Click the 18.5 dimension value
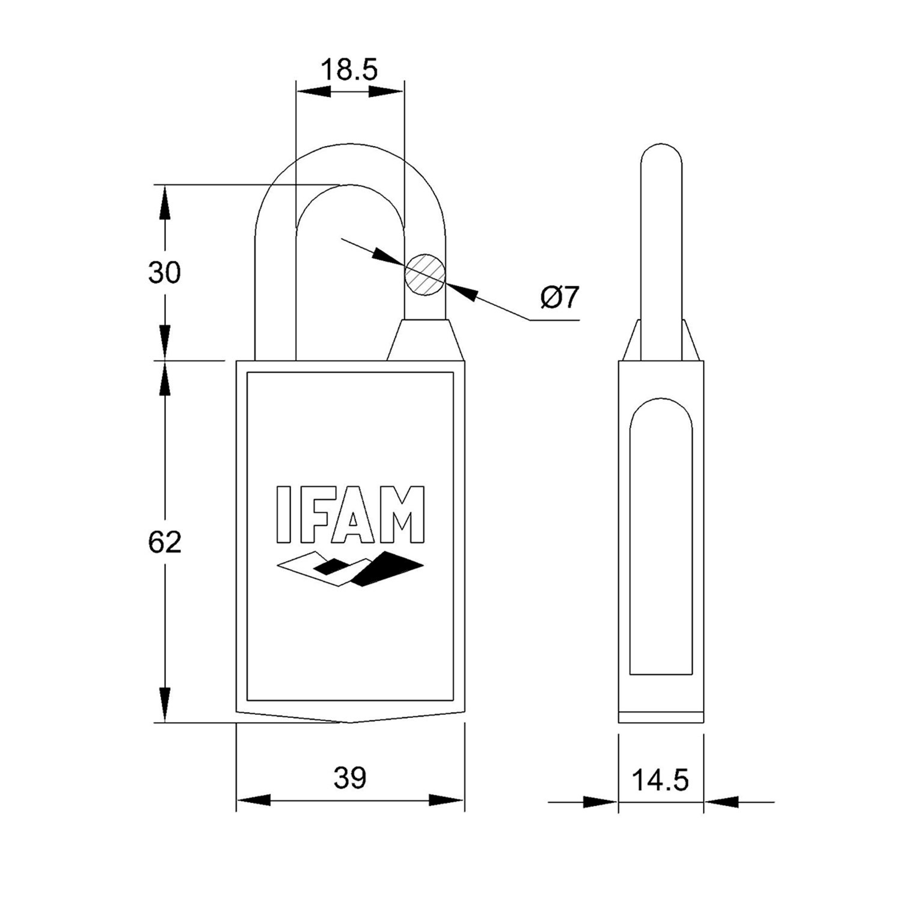(349, 70)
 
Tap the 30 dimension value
(165, 273)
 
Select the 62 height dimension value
(165, 542)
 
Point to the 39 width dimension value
(350, 778)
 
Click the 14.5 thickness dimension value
(660, 781)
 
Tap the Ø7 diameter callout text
(559, 297)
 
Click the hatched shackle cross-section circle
(425, 274)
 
